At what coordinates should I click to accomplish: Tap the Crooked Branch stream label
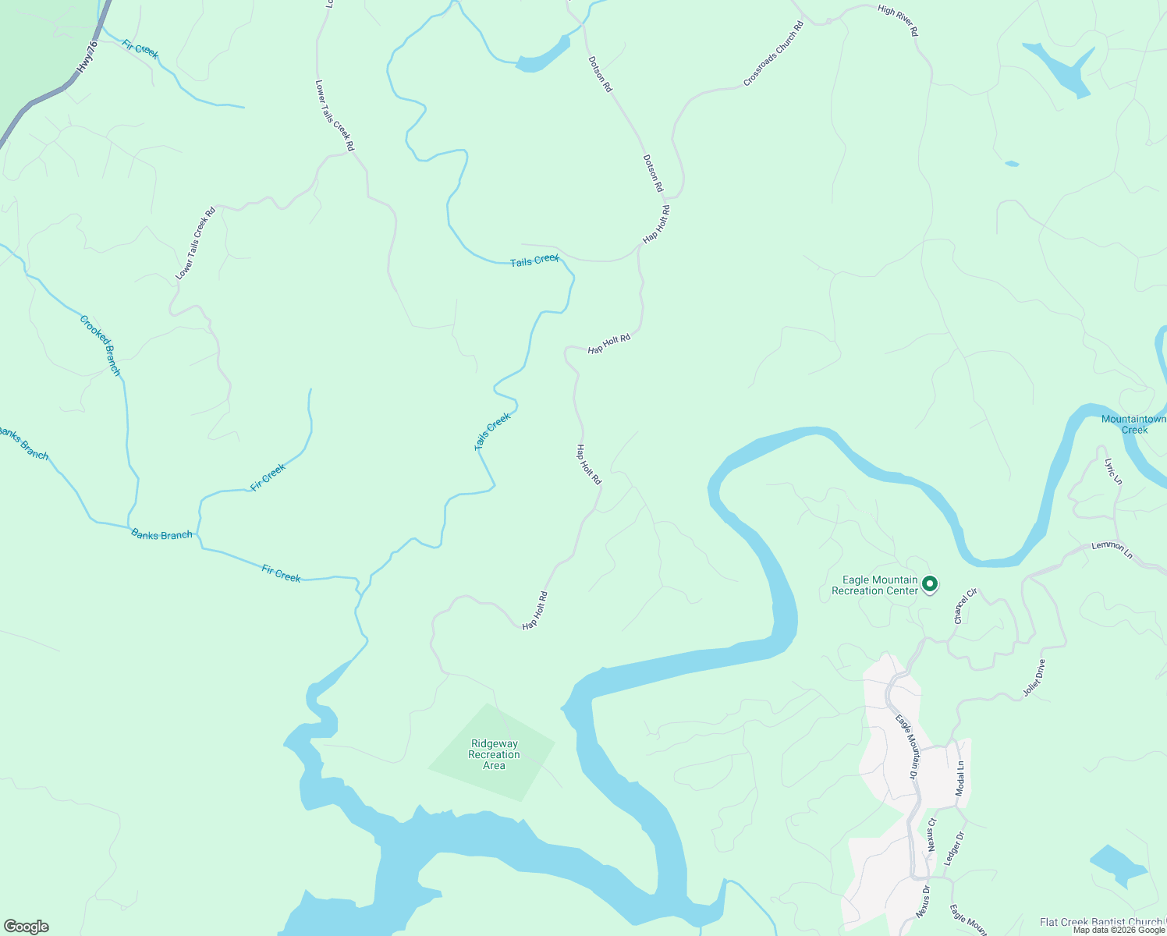101,346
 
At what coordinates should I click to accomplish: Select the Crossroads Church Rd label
773,54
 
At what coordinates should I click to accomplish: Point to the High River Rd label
898,20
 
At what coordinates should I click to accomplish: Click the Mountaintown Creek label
1133,424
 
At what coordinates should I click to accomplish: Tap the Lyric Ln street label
1113,471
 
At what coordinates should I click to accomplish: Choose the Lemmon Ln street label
1112,549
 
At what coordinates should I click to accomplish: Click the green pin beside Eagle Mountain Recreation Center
929,583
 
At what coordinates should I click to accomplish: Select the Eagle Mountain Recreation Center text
874,585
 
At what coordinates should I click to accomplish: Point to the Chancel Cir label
965,606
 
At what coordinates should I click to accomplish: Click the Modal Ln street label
960,778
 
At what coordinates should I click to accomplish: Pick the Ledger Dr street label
954,848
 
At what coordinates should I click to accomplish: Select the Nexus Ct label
931,835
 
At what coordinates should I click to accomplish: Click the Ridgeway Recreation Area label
494,755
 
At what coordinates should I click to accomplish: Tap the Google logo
26,927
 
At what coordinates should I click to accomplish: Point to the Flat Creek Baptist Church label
1101,923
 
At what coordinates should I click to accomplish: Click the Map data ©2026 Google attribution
1119,930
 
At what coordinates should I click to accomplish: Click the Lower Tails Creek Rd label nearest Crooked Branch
195,243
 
